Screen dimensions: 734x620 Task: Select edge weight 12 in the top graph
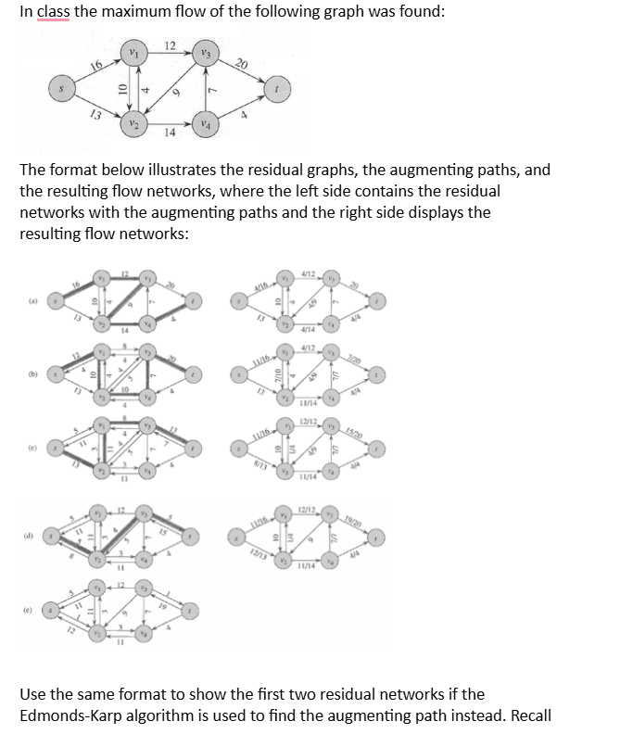tap(170, 47)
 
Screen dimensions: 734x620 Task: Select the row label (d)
tap(32, 536)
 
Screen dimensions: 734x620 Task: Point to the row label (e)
tap(32, 610)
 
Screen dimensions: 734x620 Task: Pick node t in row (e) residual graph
tap(192, 612)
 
